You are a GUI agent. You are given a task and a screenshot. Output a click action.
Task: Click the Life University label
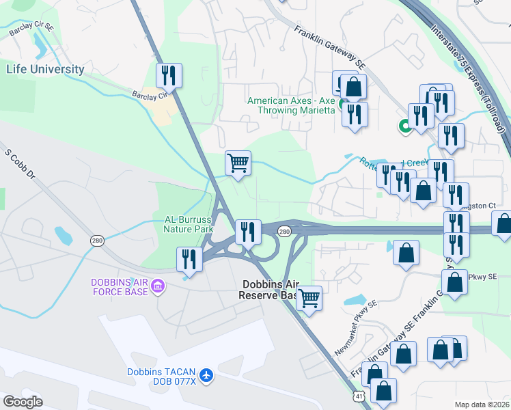tap(46, 69)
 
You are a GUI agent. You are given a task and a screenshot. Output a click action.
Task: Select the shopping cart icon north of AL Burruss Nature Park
tap(238, 164)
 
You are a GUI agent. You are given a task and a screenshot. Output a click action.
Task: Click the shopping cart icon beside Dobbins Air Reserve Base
tap(309, 299)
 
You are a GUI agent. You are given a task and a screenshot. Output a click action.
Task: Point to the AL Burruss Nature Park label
tap(189, 225)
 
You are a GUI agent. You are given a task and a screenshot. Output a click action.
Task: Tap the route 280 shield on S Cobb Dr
tap(97, 241)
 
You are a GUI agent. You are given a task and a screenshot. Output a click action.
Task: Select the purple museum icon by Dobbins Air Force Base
tap(158, 284)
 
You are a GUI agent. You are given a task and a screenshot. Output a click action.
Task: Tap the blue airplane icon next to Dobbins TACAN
tap(206, 376)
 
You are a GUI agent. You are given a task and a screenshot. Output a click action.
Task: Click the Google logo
tap(23, 401)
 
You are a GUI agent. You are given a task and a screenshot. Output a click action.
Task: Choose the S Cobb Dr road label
tap(20, 164)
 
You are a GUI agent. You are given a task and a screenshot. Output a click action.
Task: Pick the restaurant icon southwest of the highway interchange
tap(189, 260)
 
